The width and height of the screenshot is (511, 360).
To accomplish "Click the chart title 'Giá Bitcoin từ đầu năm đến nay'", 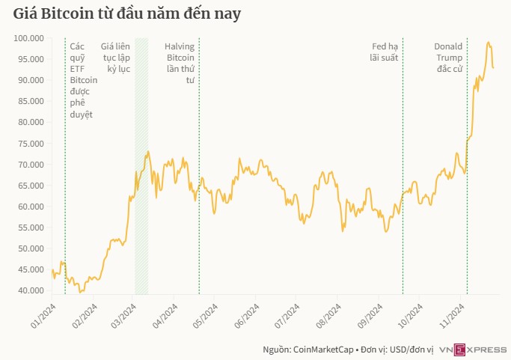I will point(127,14).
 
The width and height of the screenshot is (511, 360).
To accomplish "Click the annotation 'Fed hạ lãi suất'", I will point(385,52).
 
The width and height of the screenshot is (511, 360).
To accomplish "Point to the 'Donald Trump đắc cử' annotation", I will point(449,57).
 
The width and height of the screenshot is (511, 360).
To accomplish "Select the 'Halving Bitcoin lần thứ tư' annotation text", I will point(180,63).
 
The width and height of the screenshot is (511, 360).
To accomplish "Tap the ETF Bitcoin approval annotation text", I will point(82,79).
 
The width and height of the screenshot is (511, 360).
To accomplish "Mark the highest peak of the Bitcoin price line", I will point(489,43).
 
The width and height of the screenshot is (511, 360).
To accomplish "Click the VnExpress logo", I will point(472,350).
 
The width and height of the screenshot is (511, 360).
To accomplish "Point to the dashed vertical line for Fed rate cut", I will point(403,187).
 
